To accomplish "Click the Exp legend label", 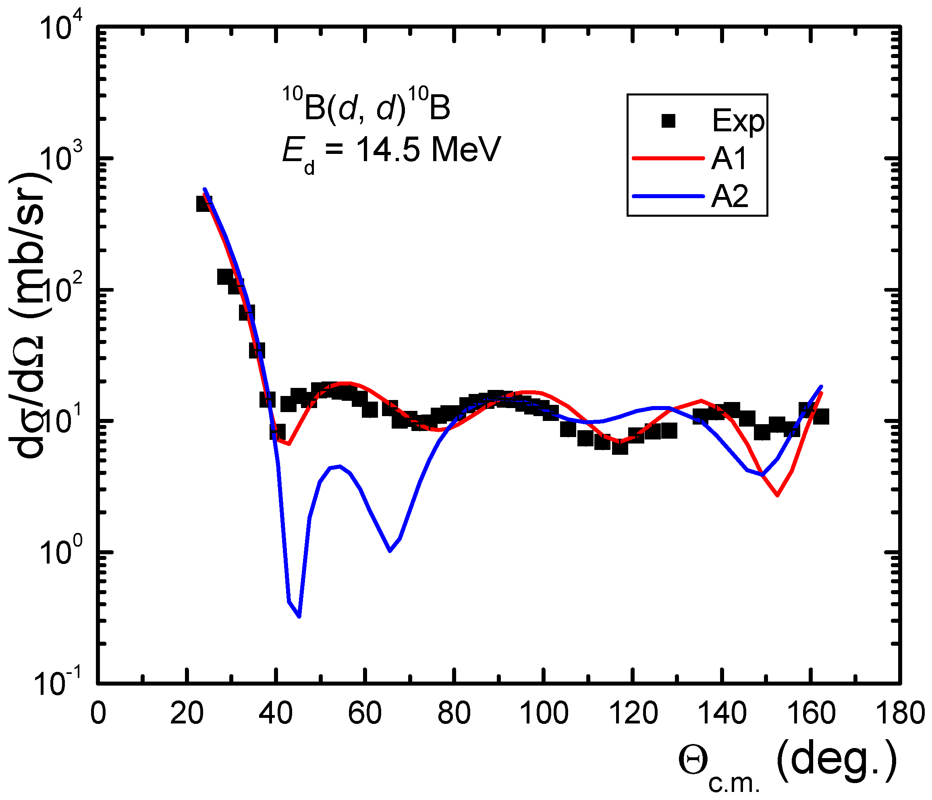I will [x=738, y=121].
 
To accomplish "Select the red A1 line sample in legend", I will [x=668, y=158].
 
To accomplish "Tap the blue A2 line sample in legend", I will [x=668, y=196].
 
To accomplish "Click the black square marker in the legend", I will [x=669, y=121].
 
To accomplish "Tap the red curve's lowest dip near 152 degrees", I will [x=777, y=495].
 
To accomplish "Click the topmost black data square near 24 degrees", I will [x=204, y=204].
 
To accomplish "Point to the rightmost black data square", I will [x=821, y=417].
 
